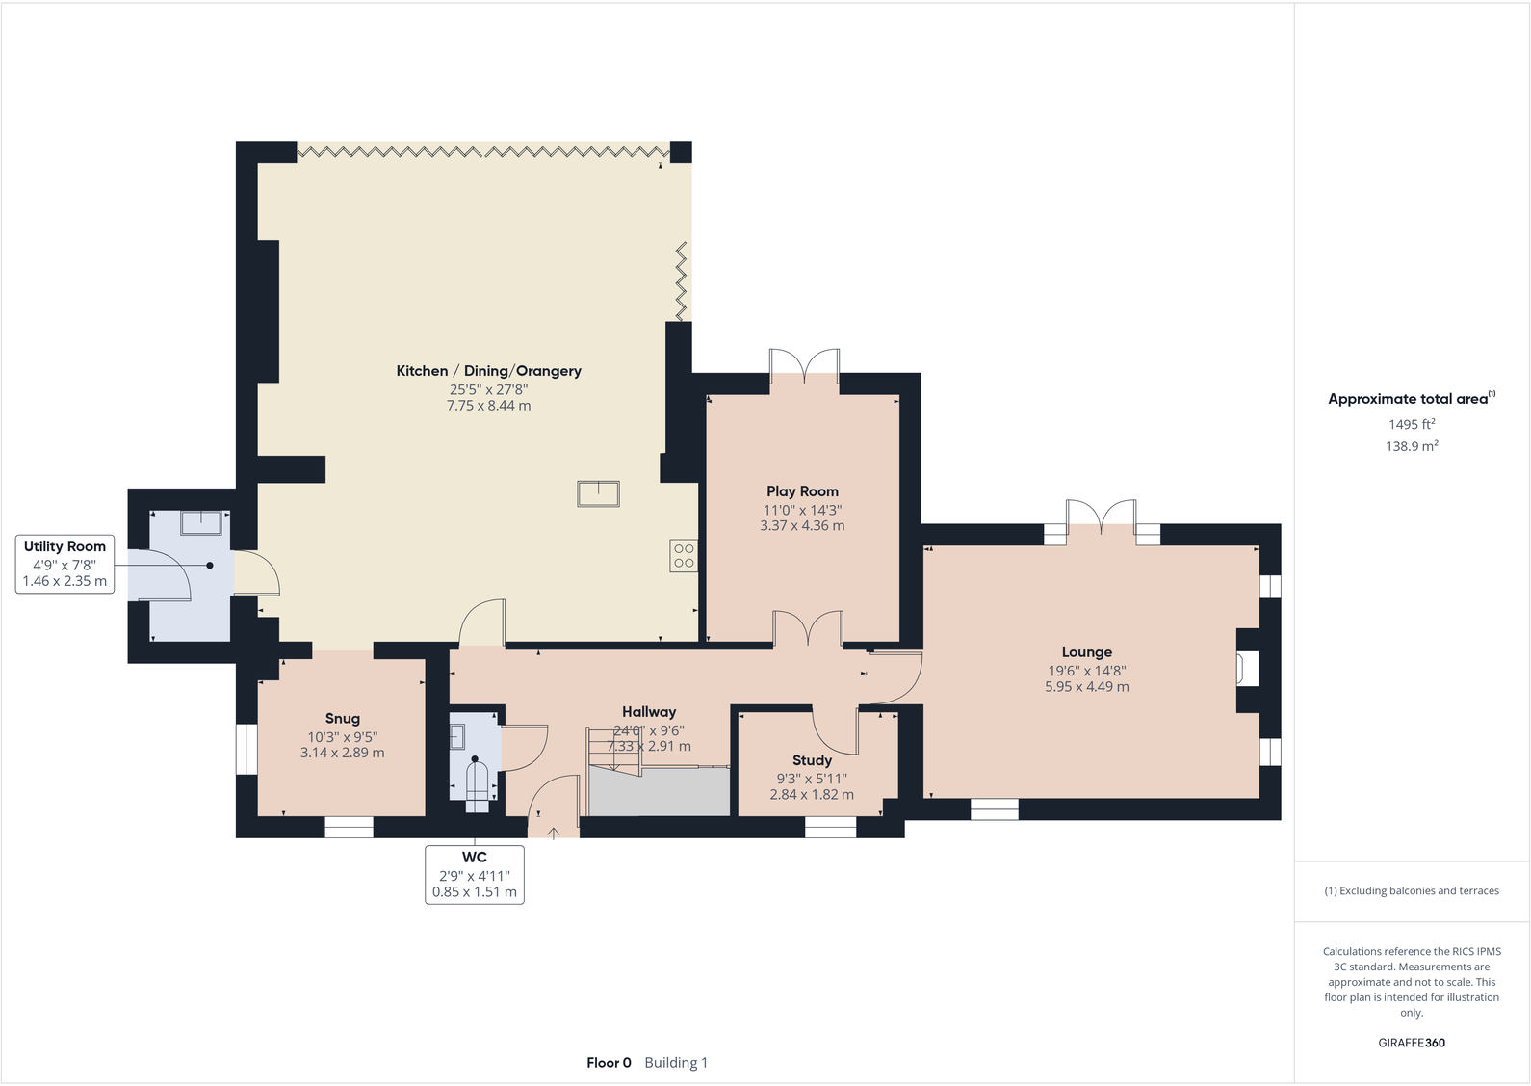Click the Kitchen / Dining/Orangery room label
(489, 371)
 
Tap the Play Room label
(802, 491)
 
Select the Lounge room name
(1087, 652)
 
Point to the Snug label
(343, 718)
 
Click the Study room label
(812, 760)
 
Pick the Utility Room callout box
(65, 565)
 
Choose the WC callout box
(475, 875)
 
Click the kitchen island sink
(598, 493)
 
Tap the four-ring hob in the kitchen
(684, 556)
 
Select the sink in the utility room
(201, 523)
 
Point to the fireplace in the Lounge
(1247, 669)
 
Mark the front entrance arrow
(554, 833)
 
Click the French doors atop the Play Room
(804, 366)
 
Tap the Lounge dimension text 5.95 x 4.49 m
(1087, 687)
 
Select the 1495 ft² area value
(1412, 424)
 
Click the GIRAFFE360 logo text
(1412, 1043)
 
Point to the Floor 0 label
(609, 1062)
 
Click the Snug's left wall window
(247, 750)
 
